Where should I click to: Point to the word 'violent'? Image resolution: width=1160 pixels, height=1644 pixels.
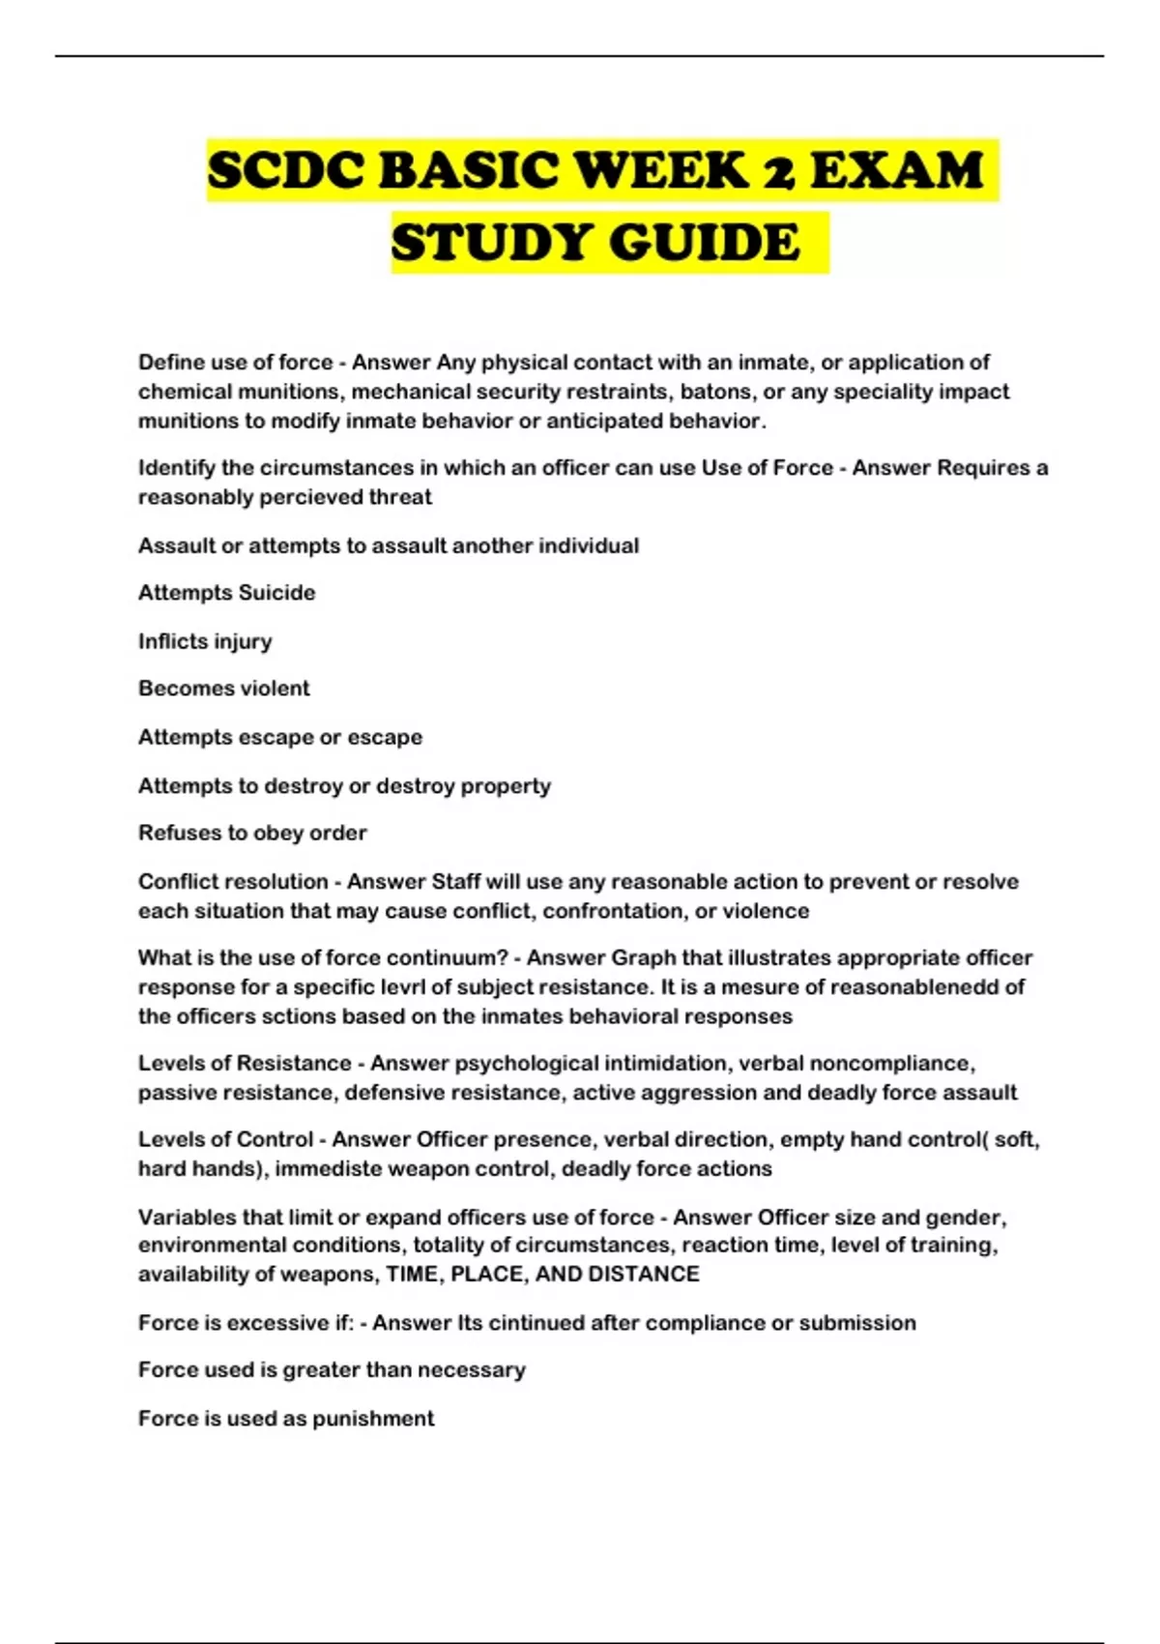[x=274, y=689]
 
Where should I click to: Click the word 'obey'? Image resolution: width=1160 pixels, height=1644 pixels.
[x=277, y=833]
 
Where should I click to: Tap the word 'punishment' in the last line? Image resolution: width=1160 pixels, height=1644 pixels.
[x=385, y=1419]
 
